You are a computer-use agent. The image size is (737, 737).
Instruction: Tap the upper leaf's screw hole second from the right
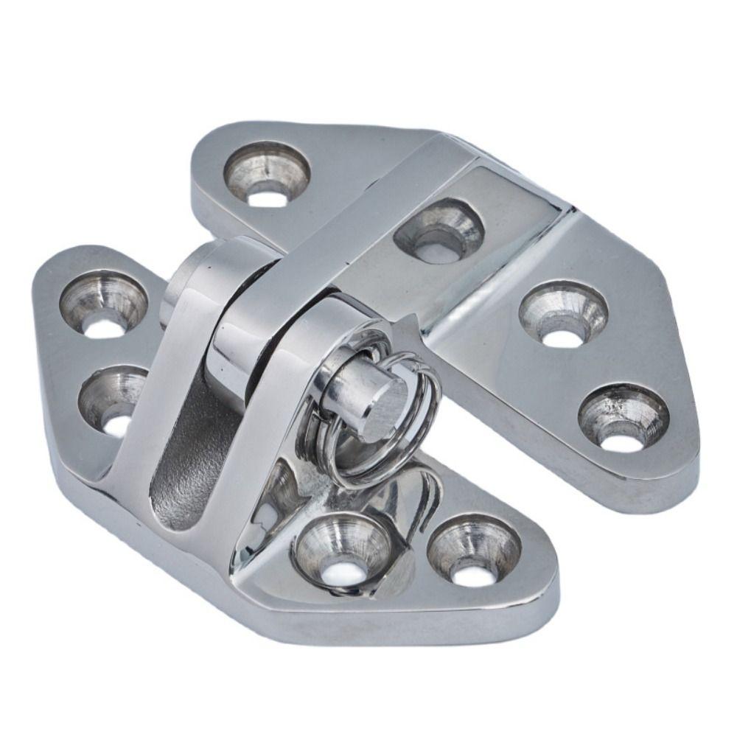tap(563, 314)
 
